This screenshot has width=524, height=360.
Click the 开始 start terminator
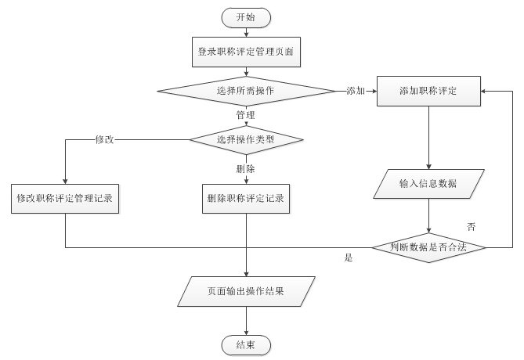click(246, 16)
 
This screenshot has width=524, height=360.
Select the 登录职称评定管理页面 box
click(246, 52)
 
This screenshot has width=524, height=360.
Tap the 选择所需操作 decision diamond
click(246, 91)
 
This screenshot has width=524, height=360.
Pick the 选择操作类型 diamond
click(246, 139)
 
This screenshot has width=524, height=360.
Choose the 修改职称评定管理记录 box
click(64, 199)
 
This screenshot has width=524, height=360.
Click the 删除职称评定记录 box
click(246, 199)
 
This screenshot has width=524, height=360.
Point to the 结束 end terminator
click(246, 344)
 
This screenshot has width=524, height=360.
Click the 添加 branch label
click(356, 91)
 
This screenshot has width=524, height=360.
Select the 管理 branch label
click(245, 115)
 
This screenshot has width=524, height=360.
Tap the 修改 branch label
click(105, 139)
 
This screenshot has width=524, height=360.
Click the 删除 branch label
click(245, 167)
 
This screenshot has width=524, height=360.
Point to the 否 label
click(472, 226)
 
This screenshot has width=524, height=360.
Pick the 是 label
click(349, 257)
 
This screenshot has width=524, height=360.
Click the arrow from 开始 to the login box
click(246, 31)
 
